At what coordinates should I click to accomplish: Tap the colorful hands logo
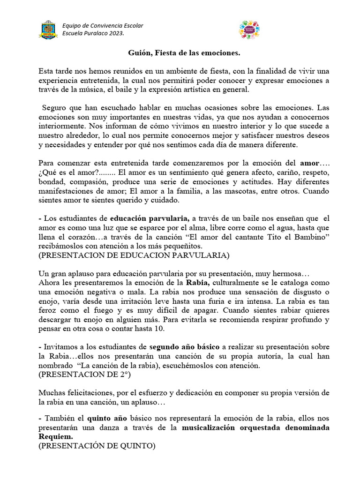pyautogui.click(x=249, y=29)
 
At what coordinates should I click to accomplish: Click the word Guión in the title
pyautogui.click(x=140, y=53)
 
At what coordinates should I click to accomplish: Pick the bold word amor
pyautogui.click(x=309, y=163)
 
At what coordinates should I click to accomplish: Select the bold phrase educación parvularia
pyautogui.click(x=150, y=217)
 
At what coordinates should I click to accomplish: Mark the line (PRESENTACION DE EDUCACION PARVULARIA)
pyautogui.click(x=134, y=255)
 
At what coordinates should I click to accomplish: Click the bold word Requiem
pyautogui.click(x=55, y=437)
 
